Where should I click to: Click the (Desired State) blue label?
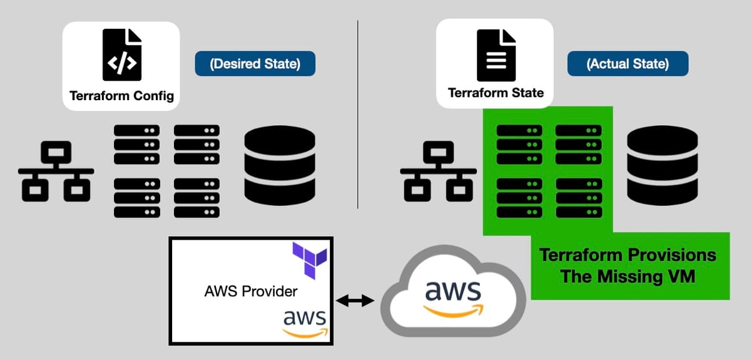(255, 63)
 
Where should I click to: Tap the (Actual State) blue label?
(628, 63)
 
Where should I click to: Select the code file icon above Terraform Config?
(122, 54)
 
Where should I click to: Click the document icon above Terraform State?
(496, 55)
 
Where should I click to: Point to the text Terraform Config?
(121, 96)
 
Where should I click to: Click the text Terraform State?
(496, 93)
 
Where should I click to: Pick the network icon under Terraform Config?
(56, 171)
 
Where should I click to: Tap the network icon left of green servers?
(438, 171)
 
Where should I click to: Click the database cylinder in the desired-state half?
(280, 165)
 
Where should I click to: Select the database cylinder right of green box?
(663, 165)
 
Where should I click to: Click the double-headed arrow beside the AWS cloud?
(355, 301)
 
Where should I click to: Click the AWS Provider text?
(251, 291)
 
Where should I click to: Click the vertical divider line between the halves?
(358, 115)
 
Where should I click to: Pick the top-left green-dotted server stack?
(519, 145)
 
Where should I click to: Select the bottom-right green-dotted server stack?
(579, 198)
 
